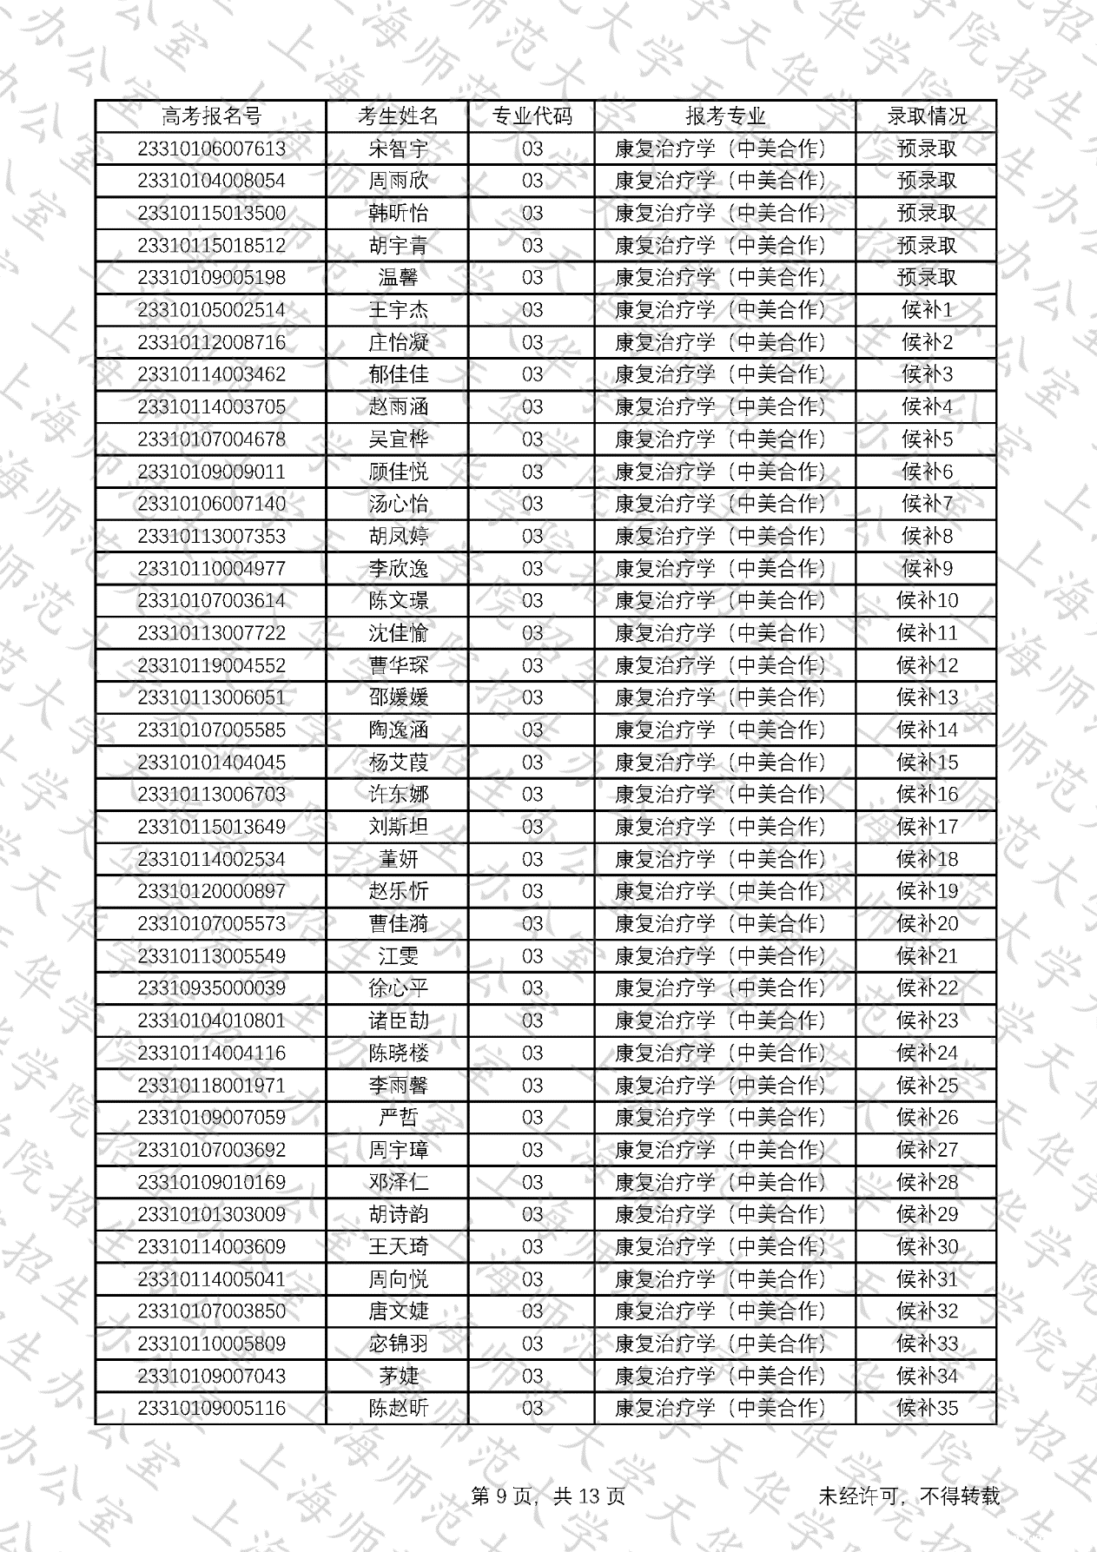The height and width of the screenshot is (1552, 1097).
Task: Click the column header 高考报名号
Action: [x=211, y=116]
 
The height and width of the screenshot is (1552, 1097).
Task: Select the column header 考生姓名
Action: [x=398, y=116]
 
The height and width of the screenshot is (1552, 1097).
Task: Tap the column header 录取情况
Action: [x=926, y=116]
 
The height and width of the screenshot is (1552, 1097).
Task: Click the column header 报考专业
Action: [x=725, y=116]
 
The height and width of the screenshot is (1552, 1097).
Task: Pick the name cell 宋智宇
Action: [x=398, y=149]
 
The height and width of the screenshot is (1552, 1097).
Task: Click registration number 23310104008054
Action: [x=211, y=181]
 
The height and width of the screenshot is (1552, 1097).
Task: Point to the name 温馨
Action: [x=398, y=278]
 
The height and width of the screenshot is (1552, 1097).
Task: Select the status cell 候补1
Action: [x=926, y=310]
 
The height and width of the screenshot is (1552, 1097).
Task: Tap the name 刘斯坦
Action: [x=398, y=827]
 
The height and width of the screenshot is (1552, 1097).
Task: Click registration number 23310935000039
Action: [x=211, y=988]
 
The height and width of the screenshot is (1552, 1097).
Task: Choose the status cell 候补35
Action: [x=926, y=1408]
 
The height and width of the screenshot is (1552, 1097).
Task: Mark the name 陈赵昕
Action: [x=398, y=1408]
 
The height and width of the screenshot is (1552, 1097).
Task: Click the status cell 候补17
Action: [x=926, y=827]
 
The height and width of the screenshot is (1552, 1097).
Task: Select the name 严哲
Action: [x=398, y=1118]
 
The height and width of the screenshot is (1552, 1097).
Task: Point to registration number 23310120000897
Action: [x=211, y=891]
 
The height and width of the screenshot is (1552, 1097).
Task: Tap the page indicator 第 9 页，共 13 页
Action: [x=547, y=1496]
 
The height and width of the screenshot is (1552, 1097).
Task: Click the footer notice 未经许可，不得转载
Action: [x=909, y=1496]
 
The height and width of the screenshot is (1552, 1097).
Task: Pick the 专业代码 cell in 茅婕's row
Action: [x=532, y=1376]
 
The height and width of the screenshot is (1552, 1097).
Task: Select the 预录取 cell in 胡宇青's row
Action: [x=926, y=246]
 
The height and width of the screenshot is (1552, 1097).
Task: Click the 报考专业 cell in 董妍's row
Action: [x=725, y=859]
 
